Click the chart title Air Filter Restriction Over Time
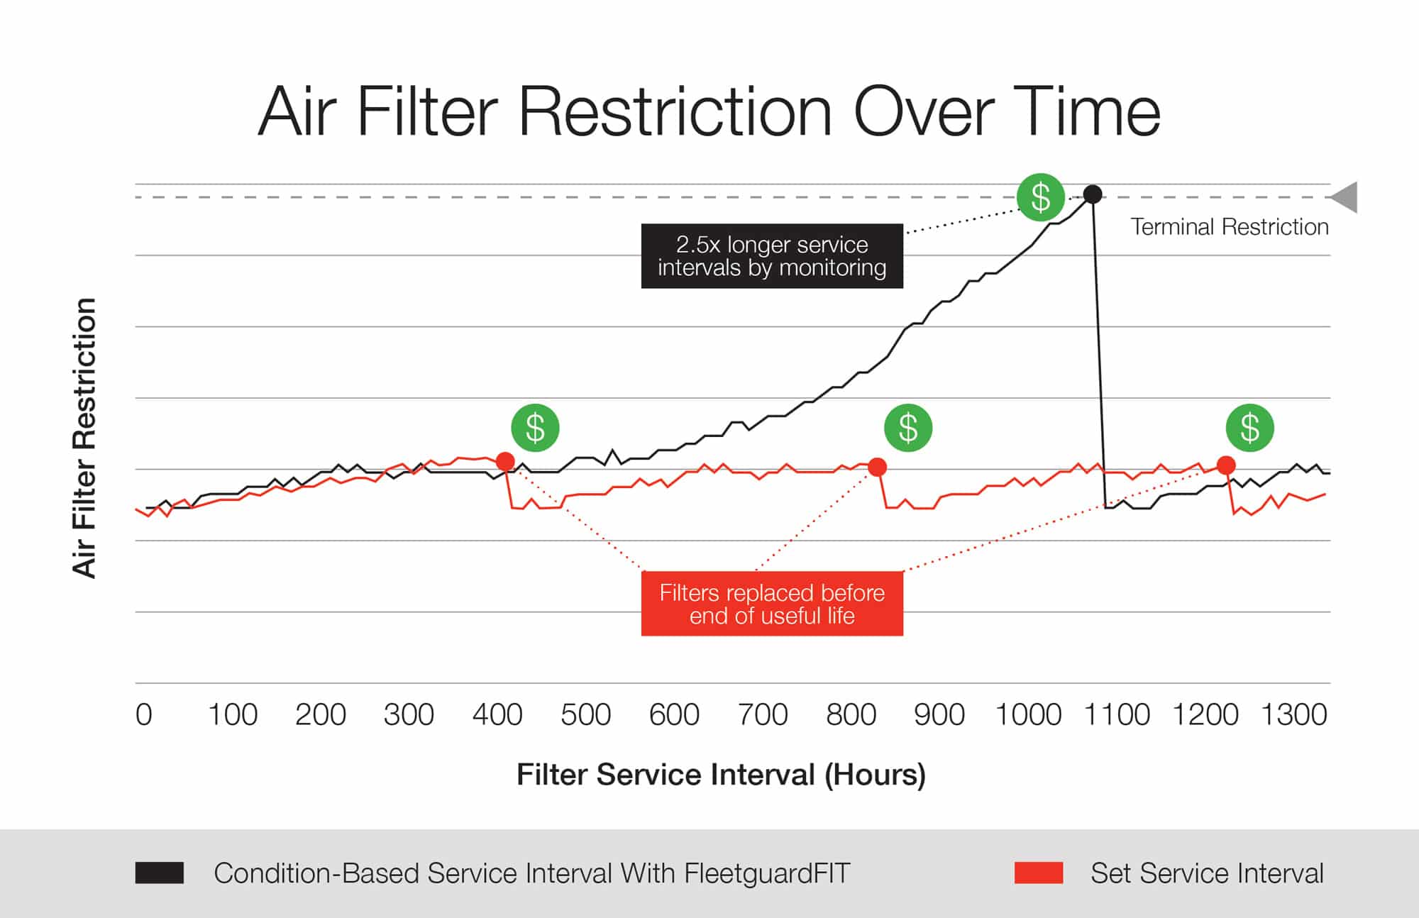709,111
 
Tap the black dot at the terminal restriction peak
1093,194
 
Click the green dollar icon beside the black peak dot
1040,197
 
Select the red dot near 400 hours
505,462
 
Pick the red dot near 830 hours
878,467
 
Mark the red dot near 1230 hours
1226,465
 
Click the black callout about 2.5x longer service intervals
772,256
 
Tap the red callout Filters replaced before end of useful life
772,604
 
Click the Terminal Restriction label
1229,227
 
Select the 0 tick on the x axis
144,714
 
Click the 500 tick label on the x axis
585,714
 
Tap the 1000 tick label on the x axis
1028,714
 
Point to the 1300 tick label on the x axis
1293,714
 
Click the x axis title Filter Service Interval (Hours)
721,775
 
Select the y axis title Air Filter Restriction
84,438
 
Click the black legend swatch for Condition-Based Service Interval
160,873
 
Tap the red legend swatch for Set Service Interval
1039,873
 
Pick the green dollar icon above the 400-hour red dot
535,428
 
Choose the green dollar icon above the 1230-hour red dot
1249,428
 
